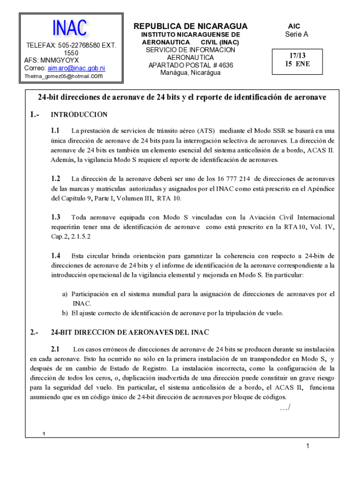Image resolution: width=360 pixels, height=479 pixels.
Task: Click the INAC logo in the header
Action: point(70,28)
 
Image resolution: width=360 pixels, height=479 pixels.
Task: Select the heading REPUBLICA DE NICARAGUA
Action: point(191,26)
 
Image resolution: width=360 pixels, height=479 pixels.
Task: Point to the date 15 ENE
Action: point(294,64)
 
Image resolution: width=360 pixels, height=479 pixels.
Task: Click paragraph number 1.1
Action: point(56,131)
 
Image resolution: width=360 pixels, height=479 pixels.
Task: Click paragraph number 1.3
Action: point(56,217)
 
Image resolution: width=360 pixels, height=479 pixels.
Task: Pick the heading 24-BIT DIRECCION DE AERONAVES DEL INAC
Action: point(129,333)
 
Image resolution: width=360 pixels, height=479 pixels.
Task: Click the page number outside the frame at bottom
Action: point(308,447)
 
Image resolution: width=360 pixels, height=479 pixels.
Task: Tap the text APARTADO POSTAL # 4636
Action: point(190,65)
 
